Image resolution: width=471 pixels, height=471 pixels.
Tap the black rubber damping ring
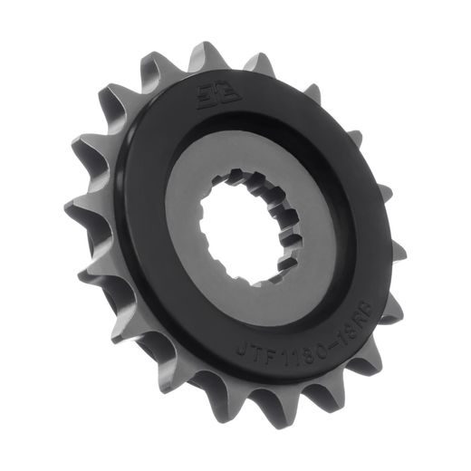[145, 272]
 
